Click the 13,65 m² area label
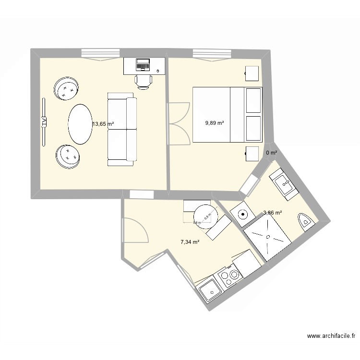103,124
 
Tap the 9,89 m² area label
215,123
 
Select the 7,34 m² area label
190,242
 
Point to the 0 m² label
272,153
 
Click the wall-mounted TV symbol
44,121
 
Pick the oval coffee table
80,123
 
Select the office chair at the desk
143,81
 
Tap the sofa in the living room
121,131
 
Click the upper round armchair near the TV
66,89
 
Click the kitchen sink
209,289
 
